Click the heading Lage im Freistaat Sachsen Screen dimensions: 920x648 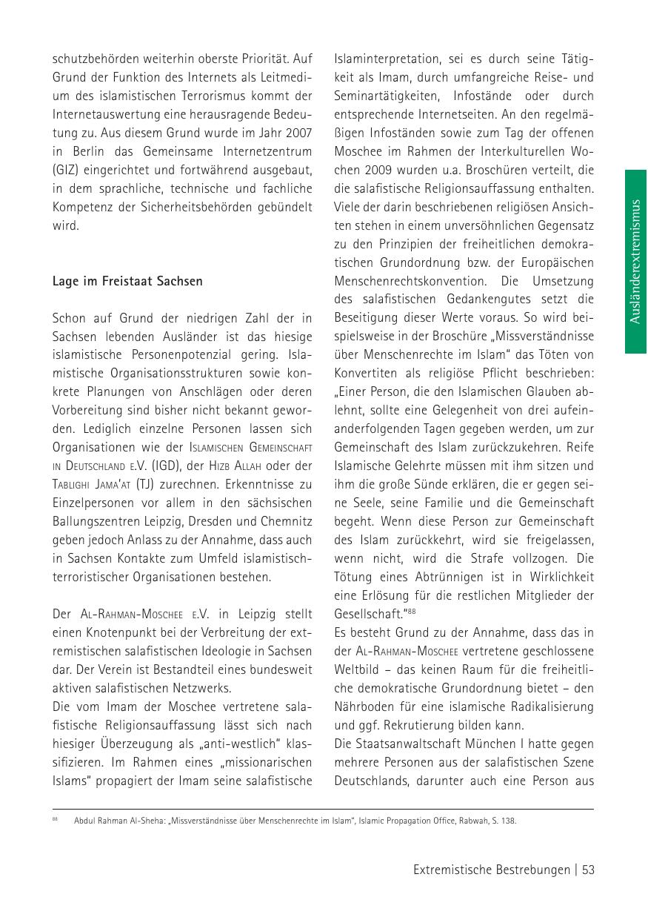pos(127,282)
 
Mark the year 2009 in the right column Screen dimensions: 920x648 pos(350,170)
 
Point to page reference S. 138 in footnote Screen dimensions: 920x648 pos(505,821)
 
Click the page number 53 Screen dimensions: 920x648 pos(588,870)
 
